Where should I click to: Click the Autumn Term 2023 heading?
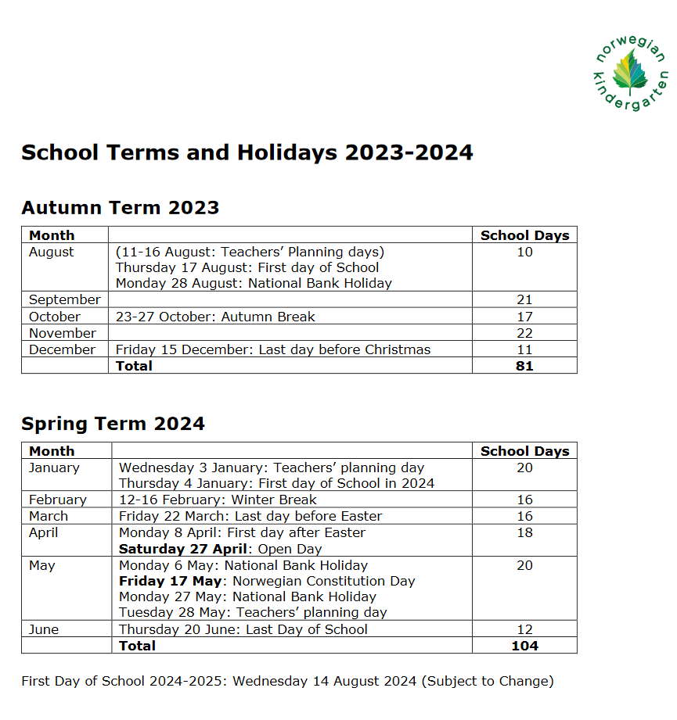(120, 208)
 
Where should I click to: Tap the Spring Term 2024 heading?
(113, 424)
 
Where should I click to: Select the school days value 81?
(524, 365)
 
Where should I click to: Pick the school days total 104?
(524, 646)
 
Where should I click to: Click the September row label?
(64, 299)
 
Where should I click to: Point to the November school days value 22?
(524, 333)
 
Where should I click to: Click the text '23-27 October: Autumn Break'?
(215, 317)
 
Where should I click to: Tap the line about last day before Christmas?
(273, 349)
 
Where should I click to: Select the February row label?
(58, 500)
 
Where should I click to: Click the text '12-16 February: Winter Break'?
(218, 500)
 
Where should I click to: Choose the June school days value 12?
(524, 629)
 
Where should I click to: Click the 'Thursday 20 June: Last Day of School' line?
(243, 629)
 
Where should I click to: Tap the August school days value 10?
(524, 252)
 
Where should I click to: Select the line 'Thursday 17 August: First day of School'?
(247, 267)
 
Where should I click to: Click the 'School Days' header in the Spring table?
(524, 451)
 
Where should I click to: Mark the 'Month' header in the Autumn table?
(52, 235)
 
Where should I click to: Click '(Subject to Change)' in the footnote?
(488, 681)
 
